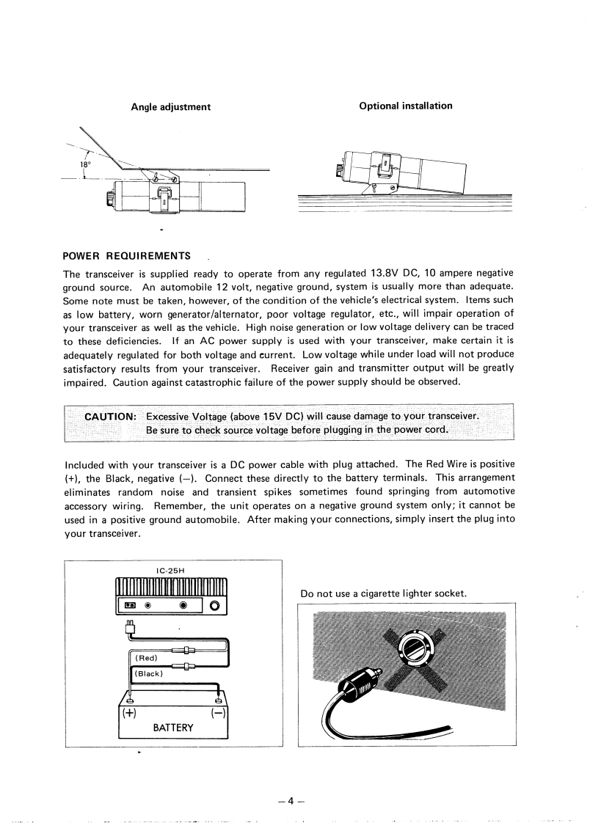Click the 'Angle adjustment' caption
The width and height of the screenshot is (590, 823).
[x=170, y=107]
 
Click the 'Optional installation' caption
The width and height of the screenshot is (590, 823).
[x=406, y=106]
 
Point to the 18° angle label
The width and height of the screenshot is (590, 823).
[x=85, y=166]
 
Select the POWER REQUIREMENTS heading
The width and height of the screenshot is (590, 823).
[x=127, y=256]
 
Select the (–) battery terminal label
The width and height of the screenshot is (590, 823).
[x=219, y=711]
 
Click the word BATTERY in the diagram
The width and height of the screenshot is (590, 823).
[x=173, y=728]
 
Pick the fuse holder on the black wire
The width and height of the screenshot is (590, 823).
[x=187, y=666]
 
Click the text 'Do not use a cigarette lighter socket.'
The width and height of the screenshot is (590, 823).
[x=383, y=593]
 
